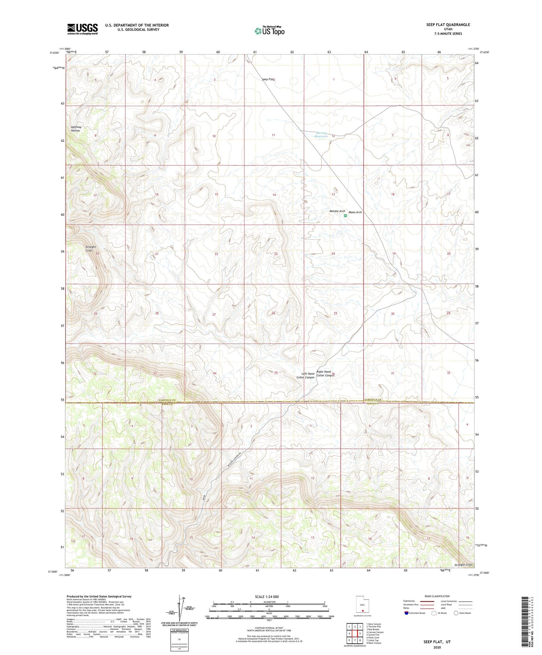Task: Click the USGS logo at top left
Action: pos(83,29)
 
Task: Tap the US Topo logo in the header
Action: pos(269,31)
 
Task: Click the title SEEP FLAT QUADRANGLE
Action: pos(448,25)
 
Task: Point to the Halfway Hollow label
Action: pos(76,129)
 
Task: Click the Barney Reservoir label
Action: pos(321,135)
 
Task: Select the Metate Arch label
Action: pos(337,211)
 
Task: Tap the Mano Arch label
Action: pos(355,212)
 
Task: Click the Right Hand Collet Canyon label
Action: pos(325,374)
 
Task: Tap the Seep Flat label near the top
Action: pos(269,80)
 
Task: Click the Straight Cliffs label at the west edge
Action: pos(91,248)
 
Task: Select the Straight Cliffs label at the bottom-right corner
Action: pos(464,565)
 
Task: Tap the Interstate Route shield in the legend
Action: pos(407,613)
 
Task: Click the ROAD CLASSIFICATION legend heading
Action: pos(437,596)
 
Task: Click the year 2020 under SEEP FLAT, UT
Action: pos(437,647)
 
